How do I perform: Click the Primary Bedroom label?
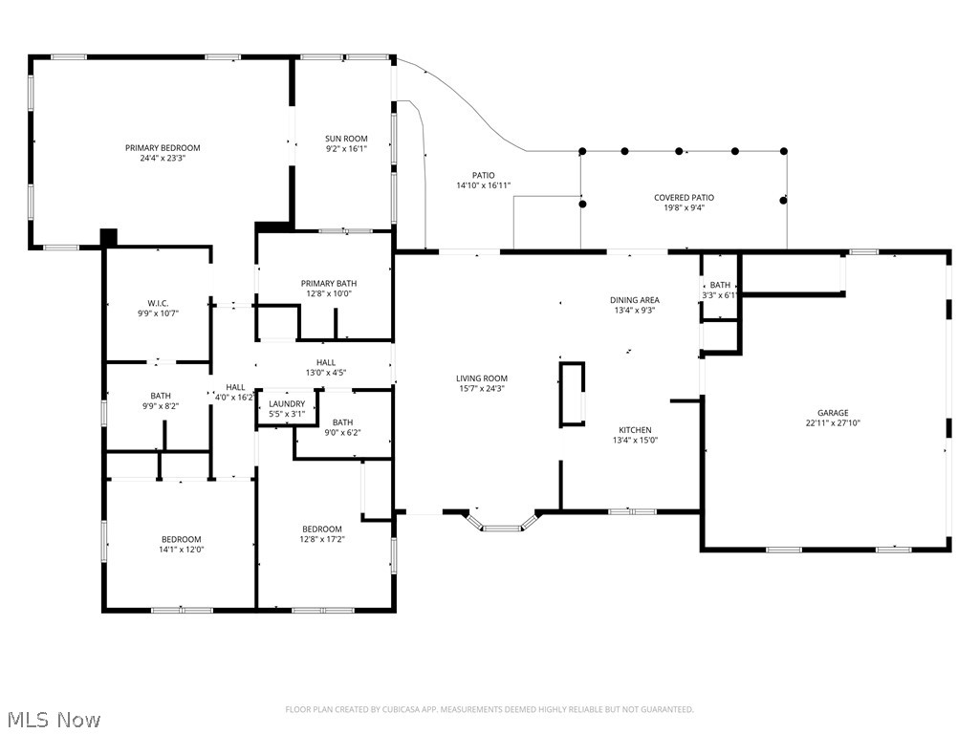coord(163,148)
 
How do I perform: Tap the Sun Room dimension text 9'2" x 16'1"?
coord(346,148)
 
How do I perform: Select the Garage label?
coord(833,413)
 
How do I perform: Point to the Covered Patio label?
coord(684,197)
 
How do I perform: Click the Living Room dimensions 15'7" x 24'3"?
coord(482,388)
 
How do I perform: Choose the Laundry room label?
coord(287,404)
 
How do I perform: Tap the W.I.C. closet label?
coord(158,303)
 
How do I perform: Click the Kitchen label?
coord(635,430)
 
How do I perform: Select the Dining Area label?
coord(635,299)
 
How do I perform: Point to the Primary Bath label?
coord(329,283)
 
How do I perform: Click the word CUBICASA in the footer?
coord(404,709)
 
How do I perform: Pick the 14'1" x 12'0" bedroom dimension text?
coord(181,550)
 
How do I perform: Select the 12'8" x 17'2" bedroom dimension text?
coord(322,539)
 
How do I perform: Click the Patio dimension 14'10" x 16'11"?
coord(483,185)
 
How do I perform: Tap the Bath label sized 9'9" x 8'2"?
coord(161,396)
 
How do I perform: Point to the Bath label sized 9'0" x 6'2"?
coord(342,422)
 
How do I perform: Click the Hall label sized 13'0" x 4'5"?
coord(325,362)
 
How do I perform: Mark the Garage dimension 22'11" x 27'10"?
coord(833,422)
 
